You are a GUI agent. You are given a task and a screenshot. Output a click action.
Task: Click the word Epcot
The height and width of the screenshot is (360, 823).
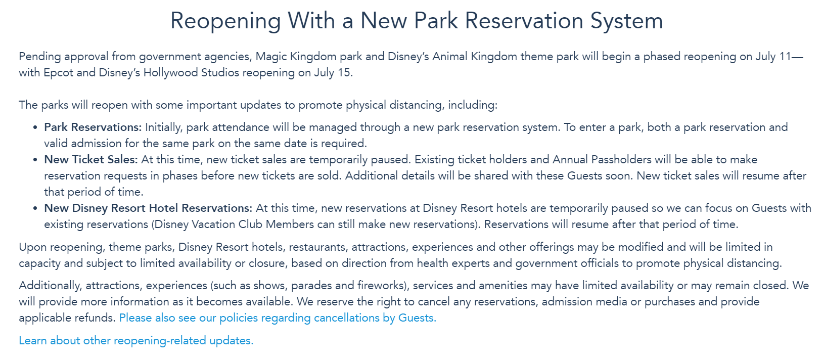point(59,73)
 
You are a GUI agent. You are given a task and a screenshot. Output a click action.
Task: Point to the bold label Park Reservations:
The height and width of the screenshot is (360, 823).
point(93,127)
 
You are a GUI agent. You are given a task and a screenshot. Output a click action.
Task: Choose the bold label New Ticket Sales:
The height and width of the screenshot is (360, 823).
point(91,159)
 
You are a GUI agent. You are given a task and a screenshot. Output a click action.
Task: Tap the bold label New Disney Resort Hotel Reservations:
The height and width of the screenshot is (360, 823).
point(148,208)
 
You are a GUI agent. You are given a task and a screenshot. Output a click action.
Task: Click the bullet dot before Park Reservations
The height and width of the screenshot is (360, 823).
point(35,128)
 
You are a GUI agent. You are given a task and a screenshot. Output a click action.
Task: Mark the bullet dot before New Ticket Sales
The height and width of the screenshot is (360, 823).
point(35,160)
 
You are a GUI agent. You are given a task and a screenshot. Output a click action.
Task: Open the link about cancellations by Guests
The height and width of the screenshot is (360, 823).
point(278,318)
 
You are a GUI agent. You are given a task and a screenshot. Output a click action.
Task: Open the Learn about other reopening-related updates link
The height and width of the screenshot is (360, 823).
point(136,340)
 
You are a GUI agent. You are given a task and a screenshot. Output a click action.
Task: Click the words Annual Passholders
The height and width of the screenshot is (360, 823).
point(602,159)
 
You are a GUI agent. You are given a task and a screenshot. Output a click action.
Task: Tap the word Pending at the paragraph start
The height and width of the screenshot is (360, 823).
point(40,57)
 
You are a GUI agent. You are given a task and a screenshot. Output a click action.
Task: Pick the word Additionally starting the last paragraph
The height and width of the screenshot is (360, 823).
point(51,286)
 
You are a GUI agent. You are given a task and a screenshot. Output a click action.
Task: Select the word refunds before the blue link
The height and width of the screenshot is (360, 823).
point(95,318)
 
